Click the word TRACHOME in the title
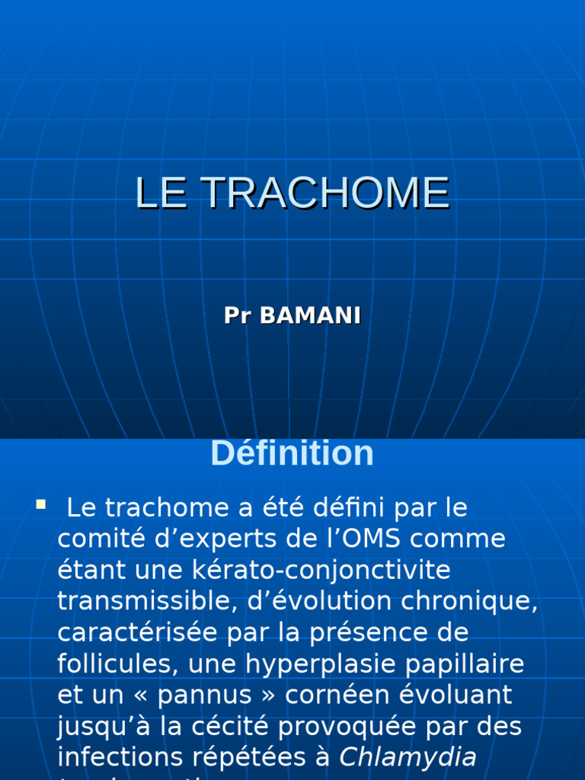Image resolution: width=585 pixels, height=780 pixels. [325, 193]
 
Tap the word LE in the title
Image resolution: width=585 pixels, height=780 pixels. [161, 193]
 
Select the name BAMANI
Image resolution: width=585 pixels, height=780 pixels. [310, 316]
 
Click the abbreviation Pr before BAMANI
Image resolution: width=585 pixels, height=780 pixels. [238, 316]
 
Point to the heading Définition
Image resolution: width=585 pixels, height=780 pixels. [292, 454]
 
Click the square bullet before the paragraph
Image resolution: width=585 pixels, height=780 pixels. [40, 503]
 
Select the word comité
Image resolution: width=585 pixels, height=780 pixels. [94, 539]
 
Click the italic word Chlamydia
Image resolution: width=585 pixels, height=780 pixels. [408, 757]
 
